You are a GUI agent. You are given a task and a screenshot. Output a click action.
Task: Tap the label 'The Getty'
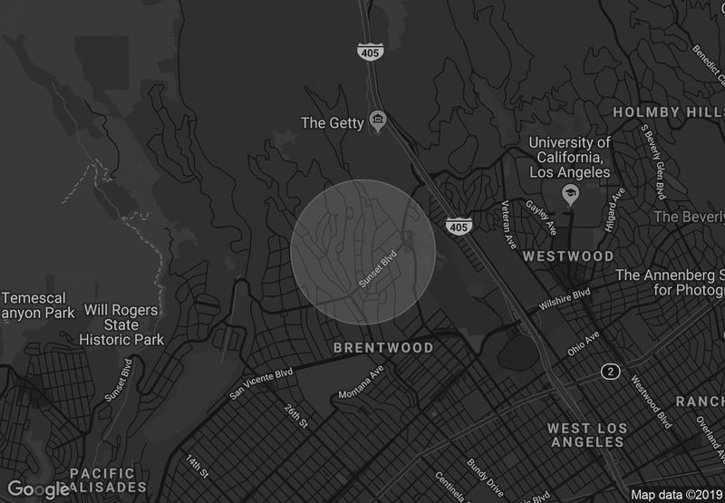(x=333, y=122)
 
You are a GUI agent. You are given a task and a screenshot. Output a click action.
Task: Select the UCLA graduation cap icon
(x=570, y=194)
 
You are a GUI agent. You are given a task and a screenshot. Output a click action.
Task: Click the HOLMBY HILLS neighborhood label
(x=667, y=112)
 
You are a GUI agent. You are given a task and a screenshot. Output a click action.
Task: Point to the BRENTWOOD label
(x=383, y=348)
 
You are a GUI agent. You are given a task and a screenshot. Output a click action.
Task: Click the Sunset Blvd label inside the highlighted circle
(x=379, y=269)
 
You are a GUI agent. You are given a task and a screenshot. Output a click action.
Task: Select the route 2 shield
(x=612, y=372)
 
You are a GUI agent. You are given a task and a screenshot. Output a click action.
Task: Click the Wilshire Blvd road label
(x=564, y=301)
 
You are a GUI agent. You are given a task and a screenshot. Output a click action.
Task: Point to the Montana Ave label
(x=362, y=388)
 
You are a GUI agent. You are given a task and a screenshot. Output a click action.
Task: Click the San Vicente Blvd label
(x=262, y=383)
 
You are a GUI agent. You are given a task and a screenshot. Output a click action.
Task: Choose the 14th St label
(x=198, y=464)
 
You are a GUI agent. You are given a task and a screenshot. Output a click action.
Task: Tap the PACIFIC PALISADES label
(x=102, y=480)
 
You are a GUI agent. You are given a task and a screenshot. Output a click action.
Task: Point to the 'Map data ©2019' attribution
(x=675, y=495)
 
